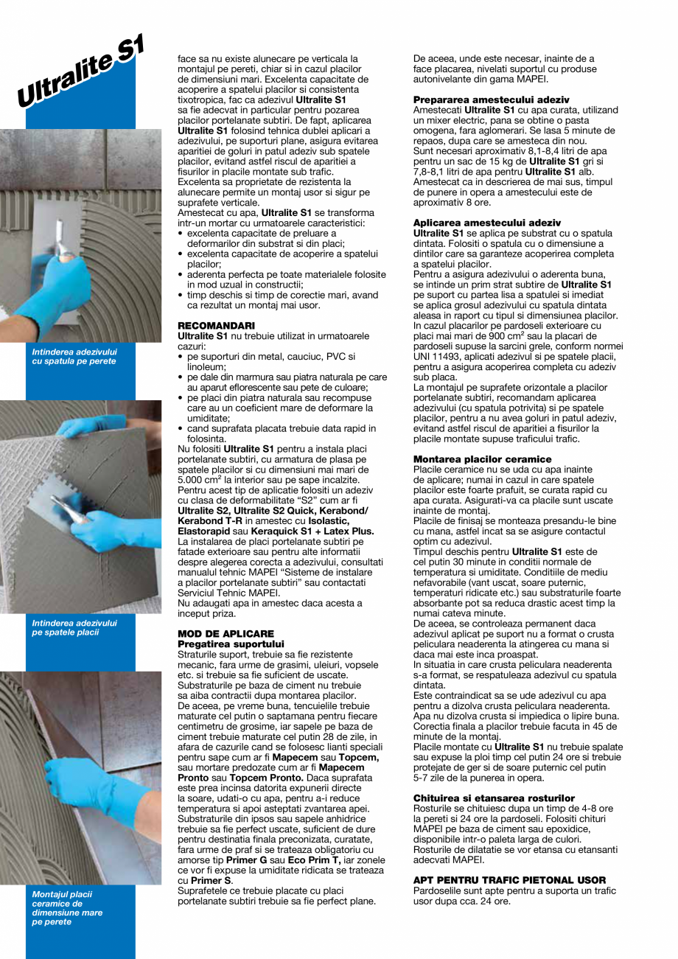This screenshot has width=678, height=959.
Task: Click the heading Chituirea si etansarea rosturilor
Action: pyautogui.click(x=494, y=798)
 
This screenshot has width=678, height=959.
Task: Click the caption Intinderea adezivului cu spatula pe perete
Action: pyautogui.click(x=74, y=356)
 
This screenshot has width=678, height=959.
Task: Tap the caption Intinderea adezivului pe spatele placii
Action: pyautogui.click(x=74, y=627)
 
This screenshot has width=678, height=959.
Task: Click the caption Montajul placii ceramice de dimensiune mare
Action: pyautogui.click(x=67, y=907)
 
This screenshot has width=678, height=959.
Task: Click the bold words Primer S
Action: pyautogui.click(x=212, y=880)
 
